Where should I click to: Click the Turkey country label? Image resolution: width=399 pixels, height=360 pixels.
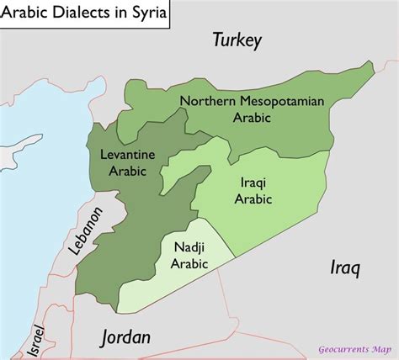(x=237, y=40)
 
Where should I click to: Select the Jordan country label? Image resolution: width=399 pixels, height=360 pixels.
(x=125, y=337)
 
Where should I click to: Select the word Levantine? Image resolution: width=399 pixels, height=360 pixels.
(x=127, y=155)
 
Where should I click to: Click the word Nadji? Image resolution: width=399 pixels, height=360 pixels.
(x=189, y=248)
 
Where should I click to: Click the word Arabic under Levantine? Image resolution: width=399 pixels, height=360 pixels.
(x=127, y=171)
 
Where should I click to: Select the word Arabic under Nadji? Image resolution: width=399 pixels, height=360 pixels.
(x=189, y=264)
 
